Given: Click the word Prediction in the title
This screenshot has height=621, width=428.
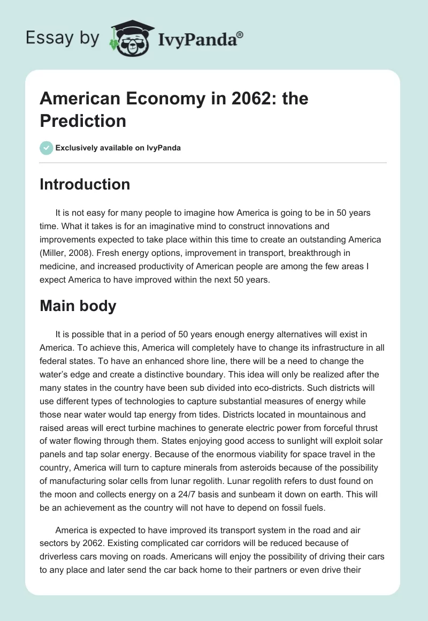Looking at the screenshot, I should pos(83,120).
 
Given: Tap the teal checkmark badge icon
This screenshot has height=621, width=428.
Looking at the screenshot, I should pos(47,148).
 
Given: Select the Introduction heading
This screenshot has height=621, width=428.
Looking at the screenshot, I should pos(85,184).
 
